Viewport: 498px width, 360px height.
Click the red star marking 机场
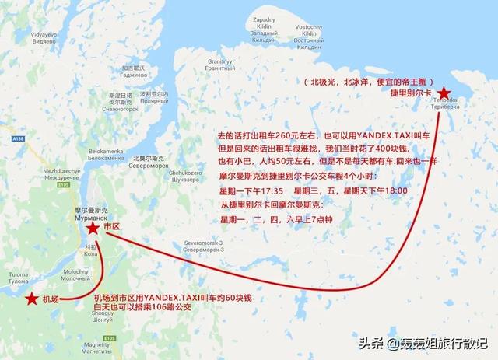pyautogui.click(x=31, y=299)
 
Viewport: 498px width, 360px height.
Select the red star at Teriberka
pyautogui.click(x=444, y=93)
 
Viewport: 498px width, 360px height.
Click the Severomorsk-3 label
pyautogui.click(x=203, y=245)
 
